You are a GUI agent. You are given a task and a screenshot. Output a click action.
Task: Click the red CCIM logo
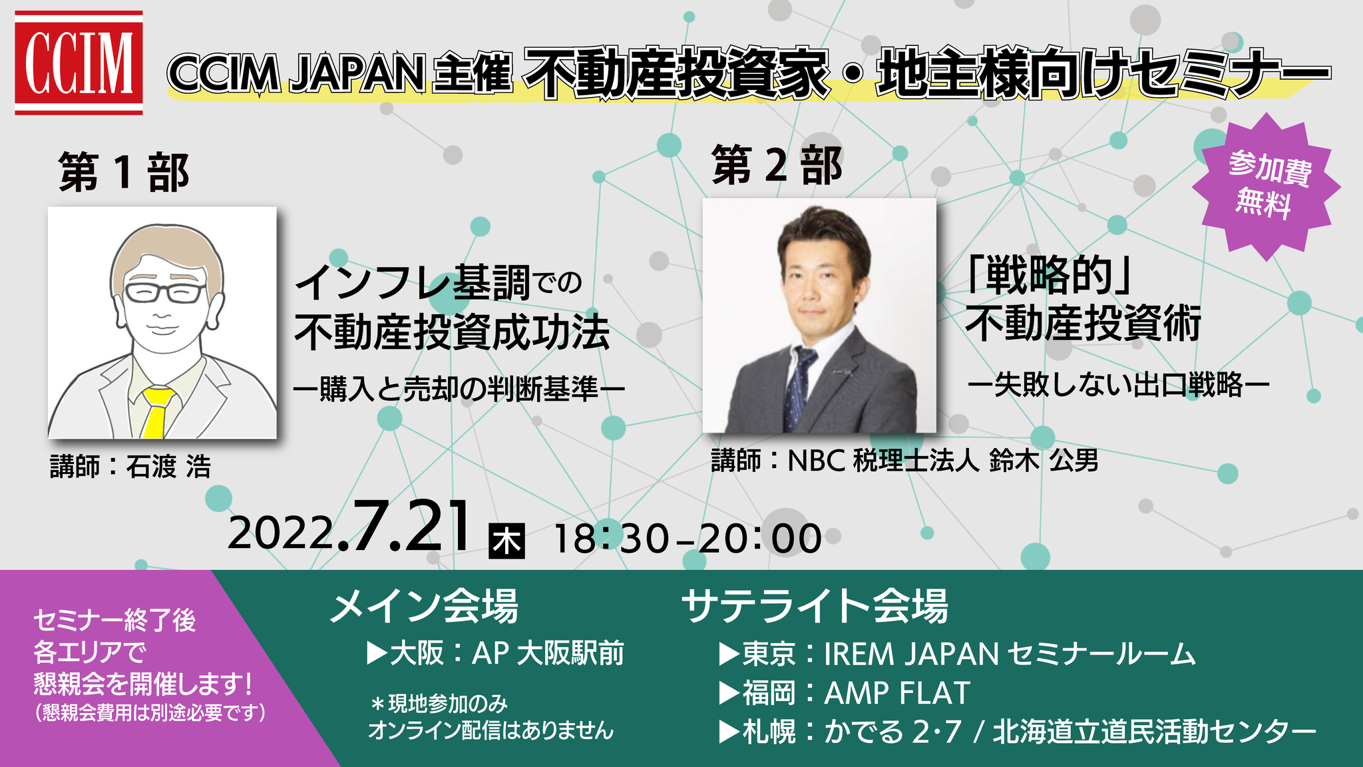(x=79, y=63)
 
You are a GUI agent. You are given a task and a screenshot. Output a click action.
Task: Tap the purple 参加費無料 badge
(x=1266, y=186)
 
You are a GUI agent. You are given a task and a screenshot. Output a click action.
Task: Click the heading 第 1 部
(x=124, y=172)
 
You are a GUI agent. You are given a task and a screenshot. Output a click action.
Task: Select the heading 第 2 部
(x=777, y=165)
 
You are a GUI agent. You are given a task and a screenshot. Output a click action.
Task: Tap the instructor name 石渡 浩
(x=168, y=467)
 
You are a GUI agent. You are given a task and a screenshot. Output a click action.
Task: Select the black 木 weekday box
(x=507, y=541)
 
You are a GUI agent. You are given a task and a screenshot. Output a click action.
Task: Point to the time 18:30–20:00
(x=687, y=538)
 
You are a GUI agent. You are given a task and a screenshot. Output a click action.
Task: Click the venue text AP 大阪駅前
(x=548, y=653)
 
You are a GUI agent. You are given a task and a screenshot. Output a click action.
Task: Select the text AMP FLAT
(x=897, y=693)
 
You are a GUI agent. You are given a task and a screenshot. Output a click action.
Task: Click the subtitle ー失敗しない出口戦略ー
(x=1119, y=384)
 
